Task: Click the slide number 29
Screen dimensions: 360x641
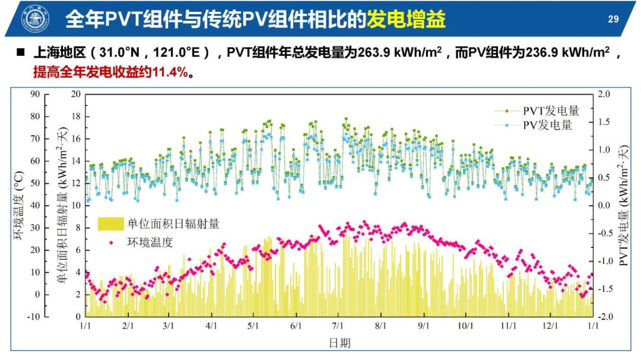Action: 613,19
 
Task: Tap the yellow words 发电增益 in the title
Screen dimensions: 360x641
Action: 406,20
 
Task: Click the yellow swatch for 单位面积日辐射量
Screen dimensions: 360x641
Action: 110,224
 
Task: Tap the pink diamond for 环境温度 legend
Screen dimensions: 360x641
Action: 111,242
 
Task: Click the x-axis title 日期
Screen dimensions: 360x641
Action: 339,342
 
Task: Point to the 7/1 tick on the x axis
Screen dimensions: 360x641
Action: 338,326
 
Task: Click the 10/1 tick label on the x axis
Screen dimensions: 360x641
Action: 466,326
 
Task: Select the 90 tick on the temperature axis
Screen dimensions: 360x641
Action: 35,94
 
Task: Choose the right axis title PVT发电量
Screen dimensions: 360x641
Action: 624,205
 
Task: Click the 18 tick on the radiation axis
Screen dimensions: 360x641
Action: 76,116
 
